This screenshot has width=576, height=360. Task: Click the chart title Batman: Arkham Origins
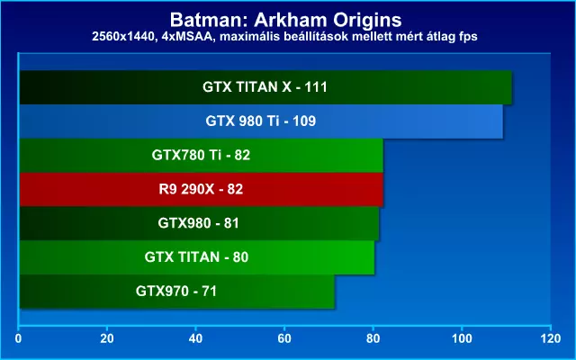(286, 20)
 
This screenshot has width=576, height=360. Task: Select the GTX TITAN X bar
(265, 87)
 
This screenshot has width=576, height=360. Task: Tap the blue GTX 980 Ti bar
(261, 121)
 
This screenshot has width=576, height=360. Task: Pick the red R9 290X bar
(202, 189)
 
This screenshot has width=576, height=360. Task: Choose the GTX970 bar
(177, 292)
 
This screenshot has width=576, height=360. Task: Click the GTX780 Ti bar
(202, 156)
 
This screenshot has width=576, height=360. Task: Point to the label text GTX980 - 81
(198, 223)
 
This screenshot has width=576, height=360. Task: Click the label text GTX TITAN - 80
(196, 257)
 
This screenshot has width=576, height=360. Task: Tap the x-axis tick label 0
(18, 338)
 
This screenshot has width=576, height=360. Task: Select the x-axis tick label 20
(107, 338)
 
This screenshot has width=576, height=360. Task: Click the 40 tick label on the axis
(195, 338)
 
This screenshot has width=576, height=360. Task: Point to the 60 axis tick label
(284, 338)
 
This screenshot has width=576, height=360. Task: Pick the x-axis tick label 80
(373, 338)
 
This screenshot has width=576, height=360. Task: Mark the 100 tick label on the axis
(462, 338)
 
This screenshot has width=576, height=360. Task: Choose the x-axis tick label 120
(550, 338)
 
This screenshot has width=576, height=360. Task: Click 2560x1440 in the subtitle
(121, 37)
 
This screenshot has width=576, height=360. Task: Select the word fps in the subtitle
(468, 37)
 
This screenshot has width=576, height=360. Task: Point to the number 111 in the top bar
(316, 87)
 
